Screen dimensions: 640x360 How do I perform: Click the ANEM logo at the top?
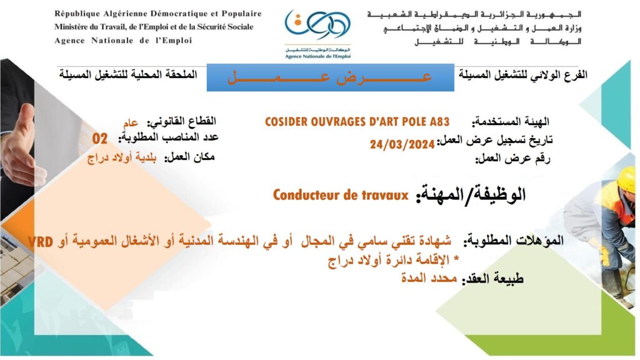pyautogui.click(x=317, y=34)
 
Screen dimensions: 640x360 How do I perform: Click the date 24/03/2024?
pyautogui.click(x=402, y=144)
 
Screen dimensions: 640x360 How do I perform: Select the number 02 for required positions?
pyautogui.click(x=99, y=139)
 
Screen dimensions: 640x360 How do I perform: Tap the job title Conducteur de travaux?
pyautogui.click(x=341, y=195)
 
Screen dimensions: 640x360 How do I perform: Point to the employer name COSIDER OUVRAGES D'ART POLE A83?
pyautogui.click(x=357, y=122)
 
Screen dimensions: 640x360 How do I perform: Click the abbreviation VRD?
pyautogui.click(x=40, y=242)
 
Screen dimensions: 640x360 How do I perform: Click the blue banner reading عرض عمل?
pyautogui.click(x=330, y=77)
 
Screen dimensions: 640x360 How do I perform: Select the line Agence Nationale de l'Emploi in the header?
pyautogui.click(x=123, y=41)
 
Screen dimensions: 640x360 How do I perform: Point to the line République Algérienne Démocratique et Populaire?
pyautogui.click(x=158, y=14)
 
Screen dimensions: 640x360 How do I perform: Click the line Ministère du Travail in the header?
pyautogui.click(x=154, y=27)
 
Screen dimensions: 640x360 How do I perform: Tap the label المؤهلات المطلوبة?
pyautogui.click(x=514, y=241)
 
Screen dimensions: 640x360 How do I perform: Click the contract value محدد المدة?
pyautogui.click(x=429, y=278)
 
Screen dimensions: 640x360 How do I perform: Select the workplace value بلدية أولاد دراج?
pyautogui.click(x=122, y=158)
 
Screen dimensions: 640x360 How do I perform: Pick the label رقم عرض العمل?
pyautogui.click(x=512, y=158)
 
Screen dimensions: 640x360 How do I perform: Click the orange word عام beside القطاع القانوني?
pyautogui.click(x=131, y=122)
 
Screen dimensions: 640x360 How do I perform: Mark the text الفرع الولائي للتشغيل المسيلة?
pyautogui.click(x=523, y=75)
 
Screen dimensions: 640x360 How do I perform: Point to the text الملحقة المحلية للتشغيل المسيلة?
pyautogui.click(x=128, y=75)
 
